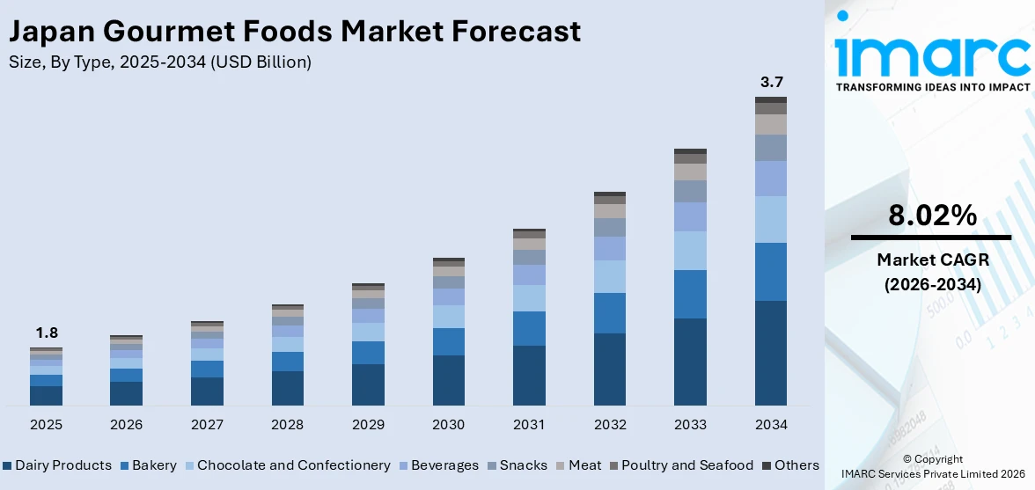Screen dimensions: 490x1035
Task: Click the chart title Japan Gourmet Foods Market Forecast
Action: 294,32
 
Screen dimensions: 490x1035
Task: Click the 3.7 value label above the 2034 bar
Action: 770,82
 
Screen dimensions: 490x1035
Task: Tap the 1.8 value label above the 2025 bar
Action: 46,333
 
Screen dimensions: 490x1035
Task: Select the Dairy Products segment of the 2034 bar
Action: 770,353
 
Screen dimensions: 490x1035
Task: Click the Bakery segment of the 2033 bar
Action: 690,294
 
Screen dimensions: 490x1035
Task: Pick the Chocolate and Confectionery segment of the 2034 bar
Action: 770,219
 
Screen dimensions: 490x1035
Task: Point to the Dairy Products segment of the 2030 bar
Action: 448,380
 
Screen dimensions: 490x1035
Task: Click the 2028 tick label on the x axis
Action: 287,425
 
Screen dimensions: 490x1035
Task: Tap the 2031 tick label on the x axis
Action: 529,425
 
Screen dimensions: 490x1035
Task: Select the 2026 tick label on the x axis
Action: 126,425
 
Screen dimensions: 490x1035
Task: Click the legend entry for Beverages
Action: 444,465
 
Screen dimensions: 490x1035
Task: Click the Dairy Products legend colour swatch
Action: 7,465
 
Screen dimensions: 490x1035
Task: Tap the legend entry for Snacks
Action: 523,465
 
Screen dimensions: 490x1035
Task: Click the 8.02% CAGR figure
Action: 932,215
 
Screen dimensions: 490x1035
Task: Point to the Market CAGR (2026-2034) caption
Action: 932,272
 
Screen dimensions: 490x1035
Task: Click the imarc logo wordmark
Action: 932,55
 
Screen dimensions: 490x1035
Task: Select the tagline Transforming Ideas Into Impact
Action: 932,87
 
